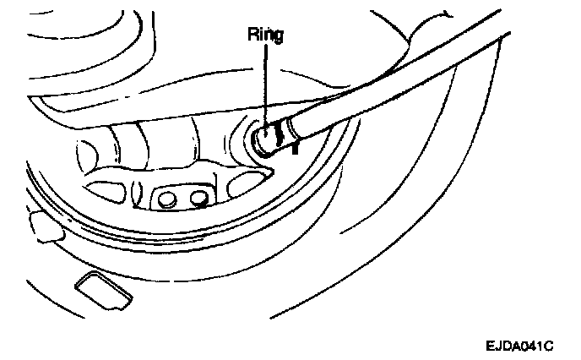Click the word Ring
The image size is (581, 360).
point(266,36)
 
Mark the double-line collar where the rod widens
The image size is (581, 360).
point(289,127)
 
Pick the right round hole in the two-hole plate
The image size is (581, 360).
point(199,199)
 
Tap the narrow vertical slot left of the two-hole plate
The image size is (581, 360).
point(142,197)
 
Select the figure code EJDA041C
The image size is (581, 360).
point(518,346)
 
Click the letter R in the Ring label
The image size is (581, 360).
point(252,36)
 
